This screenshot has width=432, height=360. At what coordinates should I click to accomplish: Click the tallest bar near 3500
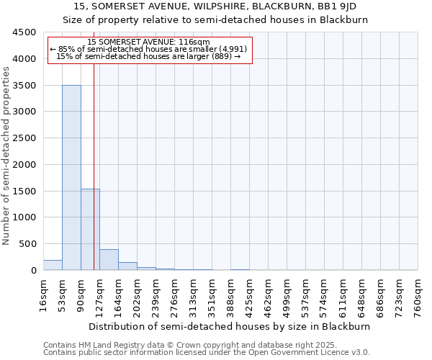[71, 177]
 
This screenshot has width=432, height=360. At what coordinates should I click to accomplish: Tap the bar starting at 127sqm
[109, 259]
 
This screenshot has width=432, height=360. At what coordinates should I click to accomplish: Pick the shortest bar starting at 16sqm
[53, 265]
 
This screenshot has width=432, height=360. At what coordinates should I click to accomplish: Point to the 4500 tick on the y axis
[25, 32]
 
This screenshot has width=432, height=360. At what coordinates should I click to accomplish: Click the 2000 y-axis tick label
[25, 164]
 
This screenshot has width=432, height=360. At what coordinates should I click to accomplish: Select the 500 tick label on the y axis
[28, 243]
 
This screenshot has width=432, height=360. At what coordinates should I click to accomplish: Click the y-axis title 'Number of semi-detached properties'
[6, 152]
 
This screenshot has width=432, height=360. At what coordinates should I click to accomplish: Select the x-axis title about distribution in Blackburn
[230, 326]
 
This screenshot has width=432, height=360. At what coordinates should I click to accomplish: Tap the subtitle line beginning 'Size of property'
[215, 20]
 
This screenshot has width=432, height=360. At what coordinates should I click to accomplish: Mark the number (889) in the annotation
[220, 56]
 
